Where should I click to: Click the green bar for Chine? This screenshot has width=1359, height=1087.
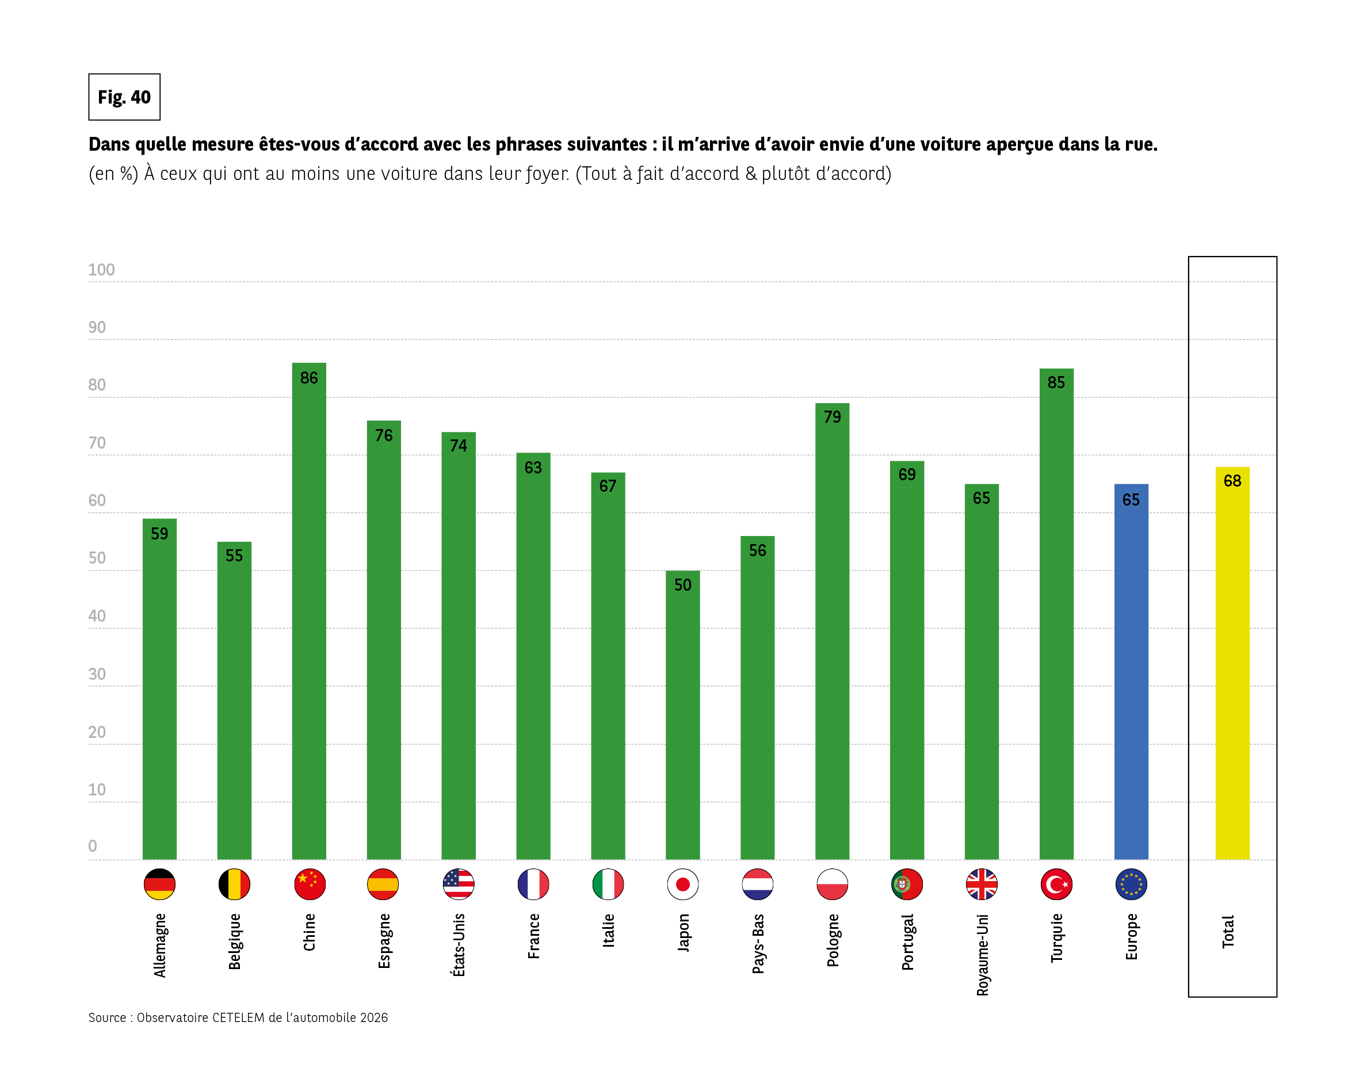pos(309,611)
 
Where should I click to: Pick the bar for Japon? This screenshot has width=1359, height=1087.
pos(682,715)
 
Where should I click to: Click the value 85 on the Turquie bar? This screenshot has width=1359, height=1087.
pos(1056,382)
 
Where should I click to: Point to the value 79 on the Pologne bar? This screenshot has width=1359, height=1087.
pos(832,417)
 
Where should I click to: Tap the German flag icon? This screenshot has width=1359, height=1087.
pos(159,884)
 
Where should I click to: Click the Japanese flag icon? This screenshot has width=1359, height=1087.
pos(682,884)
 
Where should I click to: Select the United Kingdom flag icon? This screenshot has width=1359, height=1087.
pos(982,884)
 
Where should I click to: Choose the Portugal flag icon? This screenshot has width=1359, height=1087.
pos(907,884)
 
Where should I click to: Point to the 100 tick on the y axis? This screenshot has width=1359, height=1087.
pos(101,270)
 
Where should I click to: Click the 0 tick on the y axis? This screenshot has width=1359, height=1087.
pos(93,846)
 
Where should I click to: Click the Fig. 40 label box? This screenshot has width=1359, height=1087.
pos(124,97)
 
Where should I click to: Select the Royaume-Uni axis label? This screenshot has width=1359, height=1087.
pos(982,955)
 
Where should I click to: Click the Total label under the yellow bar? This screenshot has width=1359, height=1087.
pos(1228,931)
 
